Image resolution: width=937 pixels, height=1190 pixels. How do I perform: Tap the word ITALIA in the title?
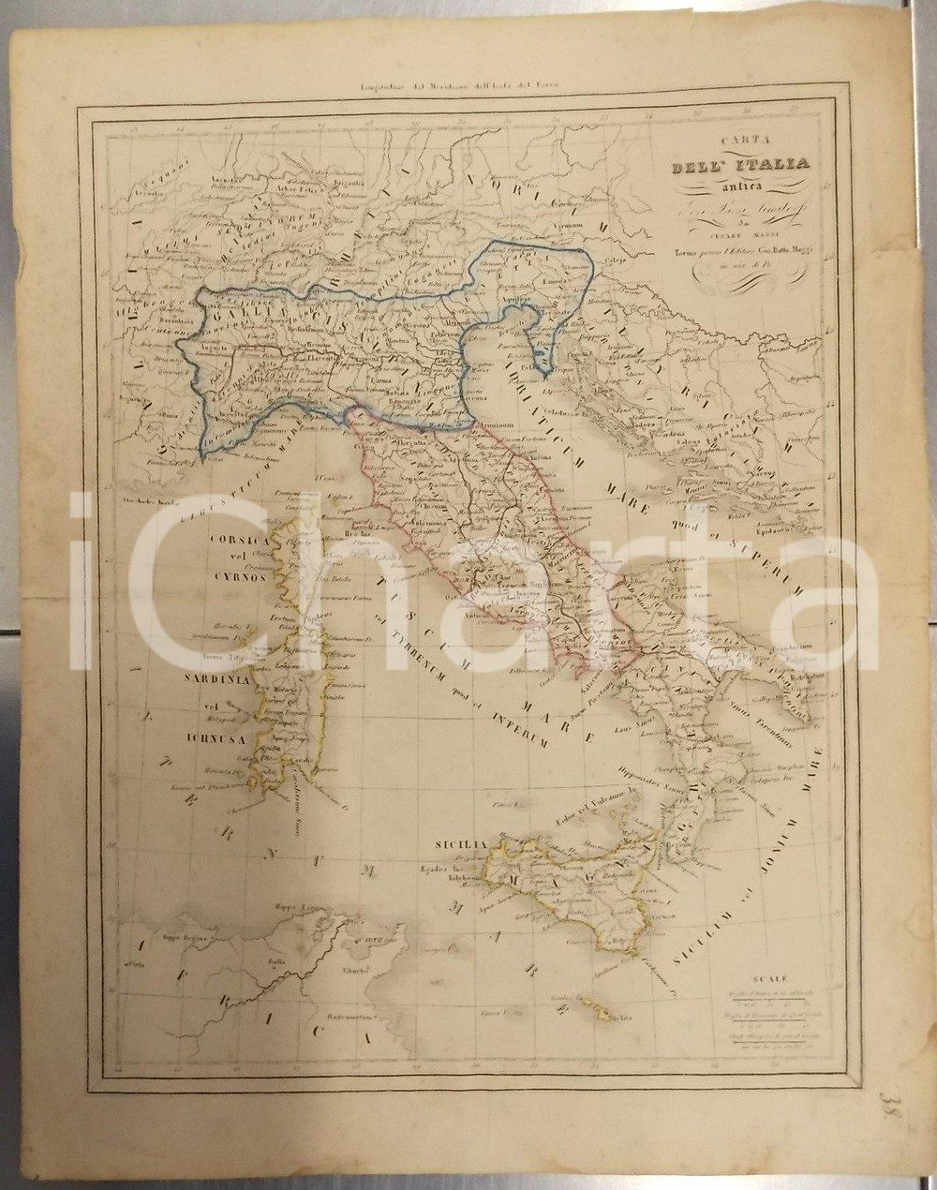(x=769, y=166)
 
